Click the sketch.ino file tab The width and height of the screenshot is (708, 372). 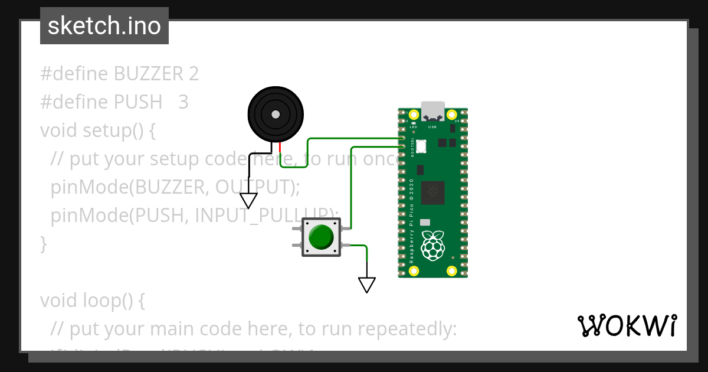coord(104,26)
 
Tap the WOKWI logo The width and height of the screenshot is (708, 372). coord(627,326)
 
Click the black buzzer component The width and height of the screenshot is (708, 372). coord(275,113)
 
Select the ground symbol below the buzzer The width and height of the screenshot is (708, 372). coord(248,201)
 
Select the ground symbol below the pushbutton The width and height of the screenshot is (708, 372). coord(367,285)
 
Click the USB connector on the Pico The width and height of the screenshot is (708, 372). coord(432,111)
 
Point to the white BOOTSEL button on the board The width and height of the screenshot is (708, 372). coord(421,146)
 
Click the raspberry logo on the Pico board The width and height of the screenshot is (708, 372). coord(432,245)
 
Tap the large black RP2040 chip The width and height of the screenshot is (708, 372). coord(434,191)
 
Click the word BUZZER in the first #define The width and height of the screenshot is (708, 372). coord(149,74)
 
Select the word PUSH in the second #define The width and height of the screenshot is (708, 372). coord(137,102)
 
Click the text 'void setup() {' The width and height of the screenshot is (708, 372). coord(98,130)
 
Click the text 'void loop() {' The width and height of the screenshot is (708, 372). coord(92,300)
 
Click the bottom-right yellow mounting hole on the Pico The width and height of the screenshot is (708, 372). coord(452,270)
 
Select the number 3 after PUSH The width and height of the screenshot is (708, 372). coord(183,102)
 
